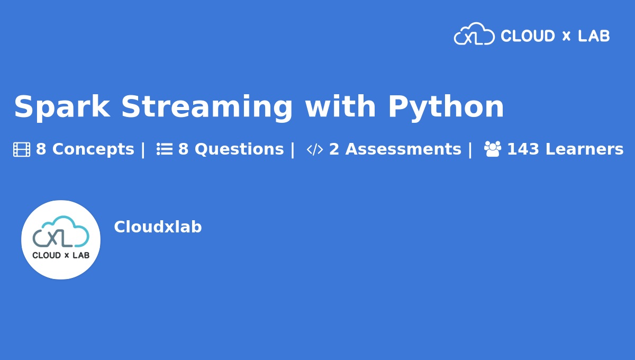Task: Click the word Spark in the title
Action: click(62, 107)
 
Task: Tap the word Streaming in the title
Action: click(207, 107)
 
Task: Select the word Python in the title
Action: click(446, 107)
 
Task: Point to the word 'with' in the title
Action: click(340, 106)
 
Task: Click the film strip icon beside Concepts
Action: click(22, 149)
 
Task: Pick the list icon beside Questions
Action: click(165, 149)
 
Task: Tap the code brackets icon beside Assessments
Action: click(315, 149)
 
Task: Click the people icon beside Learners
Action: click(493, 149)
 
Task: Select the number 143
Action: click(523, 149)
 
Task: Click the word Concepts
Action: click(93, 149)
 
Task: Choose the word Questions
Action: click(239, 149)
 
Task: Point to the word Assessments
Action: click(403, 149)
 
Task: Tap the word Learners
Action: click(585, 149)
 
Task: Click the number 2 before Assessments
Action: click(334, 149)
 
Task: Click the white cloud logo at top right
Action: click(474, 34)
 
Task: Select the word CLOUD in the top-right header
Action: click(528, 36)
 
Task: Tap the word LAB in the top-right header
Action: click(594, 36)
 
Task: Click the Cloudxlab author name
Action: click(158, 227)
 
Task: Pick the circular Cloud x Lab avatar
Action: click(61, 240)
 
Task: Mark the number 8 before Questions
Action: click(183, 149)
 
